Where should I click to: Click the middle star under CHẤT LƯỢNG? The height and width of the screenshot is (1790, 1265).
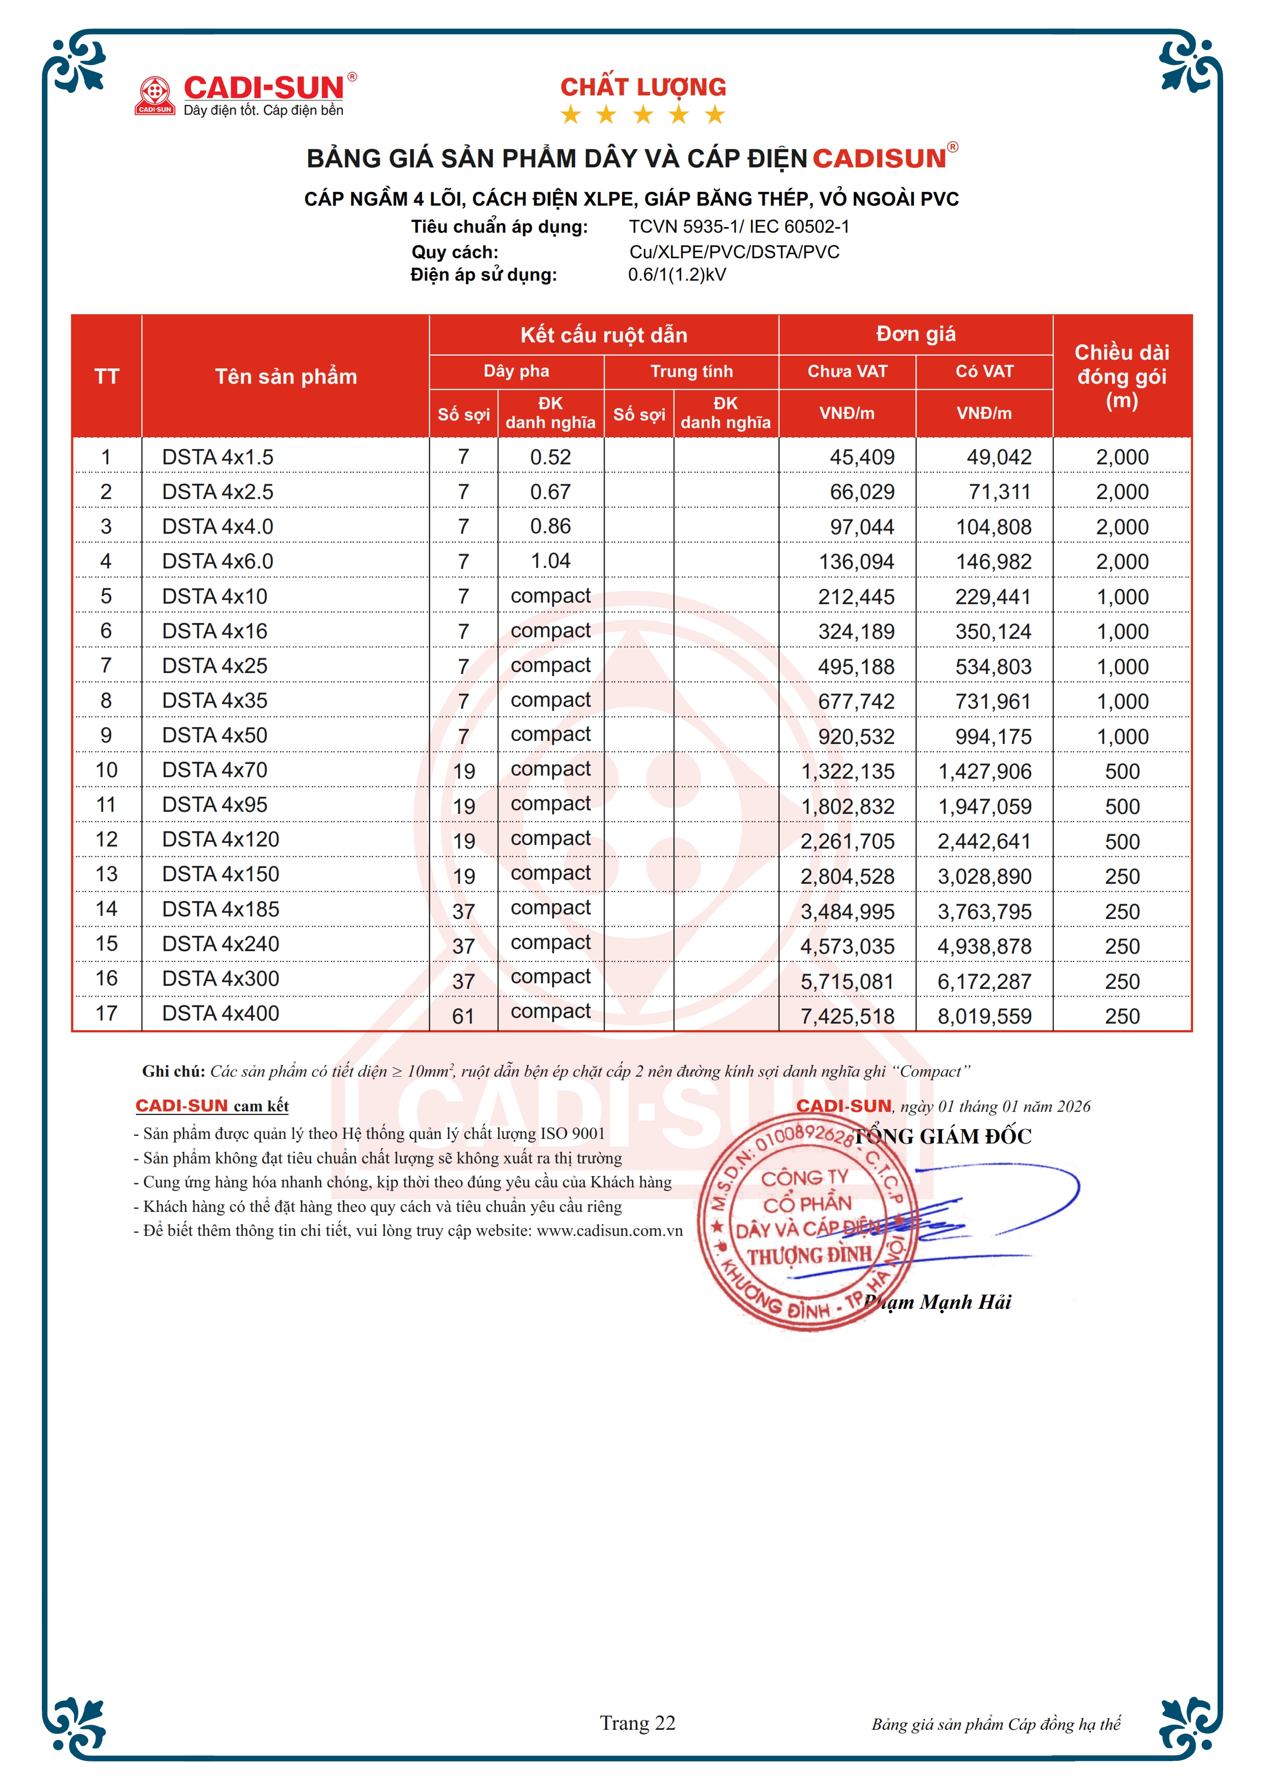coord(643,115)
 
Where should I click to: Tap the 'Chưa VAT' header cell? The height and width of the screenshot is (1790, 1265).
coord(847,371)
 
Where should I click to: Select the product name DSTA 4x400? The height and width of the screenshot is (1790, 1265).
coord(220,1013)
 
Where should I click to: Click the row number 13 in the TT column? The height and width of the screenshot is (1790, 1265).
coord(106,874)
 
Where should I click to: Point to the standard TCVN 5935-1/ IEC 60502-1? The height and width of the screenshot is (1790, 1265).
coord(739,227)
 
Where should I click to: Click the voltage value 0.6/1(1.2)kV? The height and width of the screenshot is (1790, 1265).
coord(677,275)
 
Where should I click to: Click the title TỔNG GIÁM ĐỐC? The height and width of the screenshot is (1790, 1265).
coord(942,1137)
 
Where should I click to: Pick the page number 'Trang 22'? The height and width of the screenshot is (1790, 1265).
coord(637,1723)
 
